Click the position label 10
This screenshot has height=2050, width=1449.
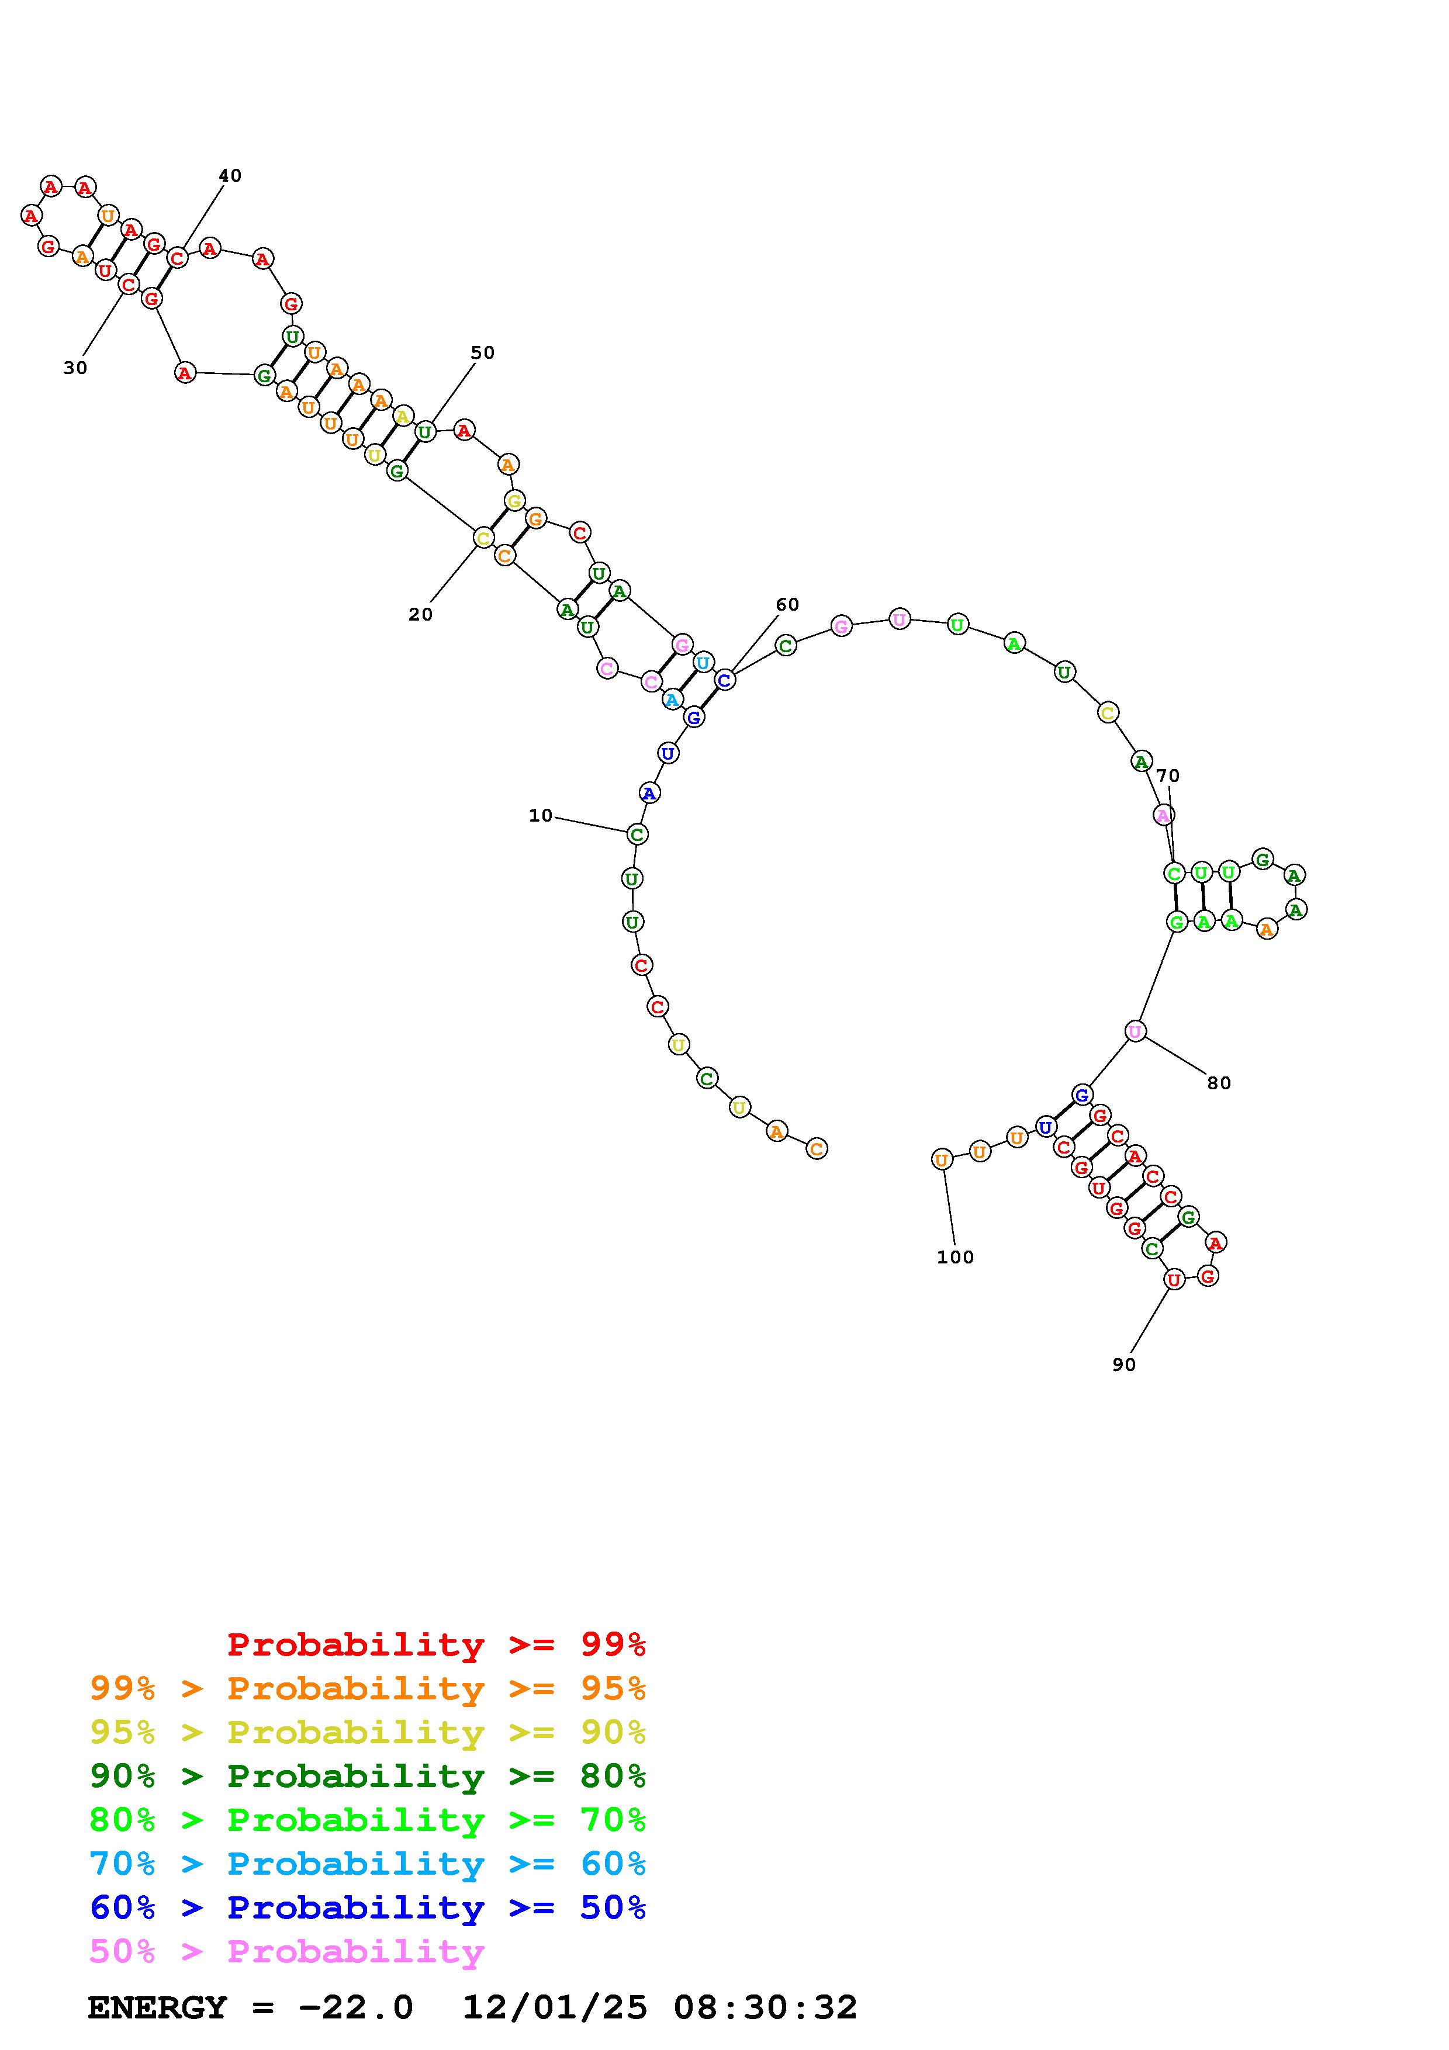point(540,815)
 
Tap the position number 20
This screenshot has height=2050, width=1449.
point(420,614)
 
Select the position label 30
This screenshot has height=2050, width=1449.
point(75,368)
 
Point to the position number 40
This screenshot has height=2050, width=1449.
point(230,176)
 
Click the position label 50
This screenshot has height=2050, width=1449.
point(482,353)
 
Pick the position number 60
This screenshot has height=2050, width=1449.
point(787,604)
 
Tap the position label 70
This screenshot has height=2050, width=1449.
point(1168,776)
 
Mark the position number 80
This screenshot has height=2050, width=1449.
point(1219,1083)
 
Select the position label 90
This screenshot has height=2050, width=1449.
point(1124,1365)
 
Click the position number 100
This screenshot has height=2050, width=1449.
point(955,1257)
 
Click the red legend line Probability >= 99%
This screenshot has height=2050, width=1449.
point(437,1644)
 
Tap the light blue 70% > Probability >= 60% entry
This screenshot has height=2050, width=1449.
point(368,1864)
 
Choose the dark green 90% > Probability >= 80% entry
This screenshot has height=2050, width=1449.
point(368,1777)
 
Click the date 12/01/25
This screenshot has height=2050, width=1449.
point(555,2008)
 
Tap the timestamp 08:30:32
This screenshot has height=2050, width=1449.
point(765,2008)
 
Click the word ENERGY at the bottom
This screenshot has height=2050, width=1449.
point(157,2008)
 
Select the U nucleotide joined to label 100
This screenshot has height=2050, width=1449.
point(941,1160)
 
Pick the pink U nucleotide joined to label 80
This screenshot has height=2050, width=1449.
point(1135,1031)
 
